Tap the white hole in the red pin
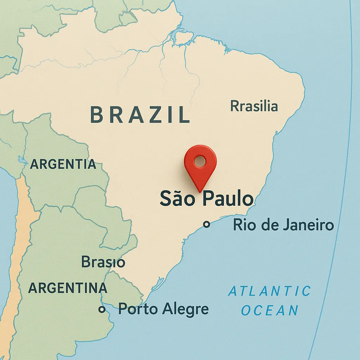click(200, 161)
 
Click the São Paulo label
click(206, 199)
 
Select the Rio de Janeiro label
click(283, 225)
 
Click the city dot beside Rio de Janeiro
click(207, 224)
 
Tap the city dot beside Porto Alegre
click(102, 309)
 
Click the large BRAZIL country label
click(140, 115)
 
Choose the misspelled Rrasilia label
click(254, 106)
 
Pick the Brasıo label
click(103, 262)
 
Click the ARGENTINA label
click(67, 288)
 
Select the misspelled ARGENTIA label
click(63, 164)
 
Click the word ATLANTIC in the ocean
click(270, 291)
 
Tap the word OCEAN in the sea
click(270, 310)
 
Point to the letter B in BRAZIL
click(97, 115)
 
